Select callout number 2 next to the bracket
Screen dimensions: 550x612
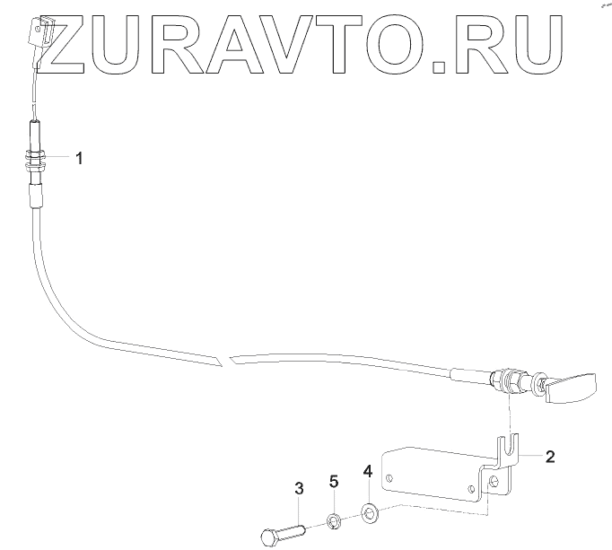(x=550, y=456)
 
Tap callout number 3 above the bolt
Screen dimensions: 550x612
(x=299, y=489)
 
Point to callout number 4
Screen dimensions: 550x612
(x=367, y=470)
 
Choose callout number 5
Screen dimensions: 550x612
(x=334, y=482)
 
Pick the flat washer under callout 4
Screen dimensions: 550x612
(x=369, y=514)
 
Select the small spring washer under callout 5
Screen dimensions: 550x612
(x=333, y=520)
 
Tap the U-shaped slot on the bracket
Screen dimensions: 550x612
(x=510, y=444)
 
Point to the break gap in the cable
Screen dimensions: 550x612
(x=224, y=361)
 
